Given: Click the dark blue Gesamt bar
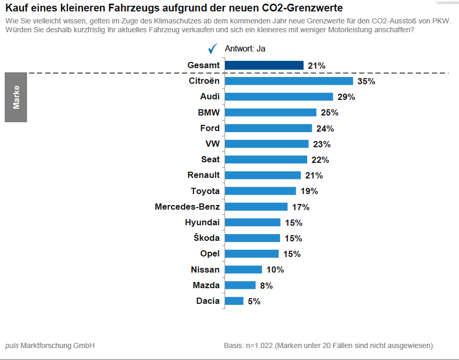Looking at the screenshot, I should [x=264, y=66].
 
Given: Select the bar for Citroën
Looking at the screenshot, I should [x=288, y=81].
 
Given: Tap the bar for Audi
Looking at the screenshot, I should [x=279, y=97].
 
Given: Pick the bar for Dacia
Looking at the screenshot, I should [x=234, y=301].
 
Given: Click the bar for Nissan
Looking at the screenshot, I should [x=243, y=269].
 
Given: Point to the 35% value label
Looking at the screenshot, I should [x=366, y=82].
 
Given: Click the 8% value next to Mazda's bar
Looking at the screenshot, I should [x=266, y=286].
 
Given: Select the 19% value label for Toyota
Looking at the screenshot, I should [x=309, y=191].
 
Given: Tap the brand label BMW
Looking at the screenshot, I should [x=208, y=112].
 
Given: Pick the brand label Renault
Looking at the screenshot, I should [x=203, y=175].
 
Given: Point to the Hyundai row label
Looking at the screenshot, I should [x=202, y=223].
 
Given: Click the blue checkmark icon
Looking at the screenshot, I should [x=212, y=49].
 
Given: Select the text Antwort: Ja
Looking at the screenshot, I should [x=245, y=49].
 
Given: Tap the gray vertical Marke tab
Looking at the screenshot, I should [x=16, y=97].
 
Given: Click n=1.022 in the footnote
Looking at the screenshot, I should [x=257, y=345].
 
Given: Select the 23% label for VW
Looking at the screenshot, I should [x=322, y=144].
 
